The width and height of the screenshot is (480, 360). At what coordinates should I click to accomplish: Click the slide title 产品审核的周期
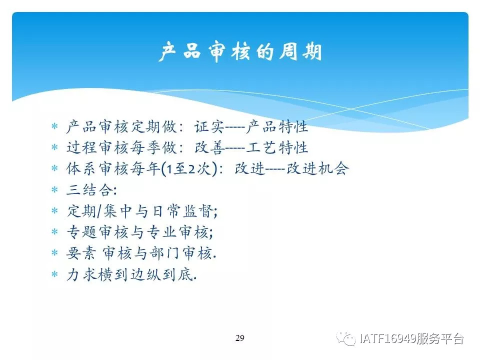[x=240, y=51]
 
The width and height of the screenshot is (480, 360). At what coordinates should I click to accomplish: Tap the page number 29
[x=240, y=338]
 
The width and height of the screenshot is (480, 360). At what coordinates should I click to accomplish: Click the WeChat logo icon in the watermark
[x=346, y=338]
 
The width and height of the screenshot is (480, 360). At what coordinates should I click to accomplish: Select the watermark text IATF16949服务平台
[x=411, y=338]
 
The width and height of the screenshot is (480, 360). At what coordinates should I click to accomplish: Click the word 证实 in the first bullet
[x=209, y=127]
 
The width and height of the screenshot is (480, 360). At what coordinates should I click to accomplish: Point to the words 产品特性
[x=276, y=127]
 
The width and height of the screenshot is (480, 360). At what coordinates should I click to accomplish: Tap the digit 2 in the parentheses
[x=192, y=169]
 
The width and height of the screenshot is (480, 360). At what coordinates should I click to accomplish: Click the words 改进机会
[x=317, y=168]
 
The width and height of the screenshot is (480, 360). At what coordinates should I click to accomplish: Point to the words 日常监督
[x=183, y=211]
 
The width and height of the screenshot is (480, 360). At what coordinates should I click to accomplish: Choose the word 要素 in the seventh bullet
[x=81, y=253]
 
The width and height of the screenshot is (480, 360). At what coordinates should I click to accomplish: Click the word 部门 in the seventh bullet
[x=164, y=253]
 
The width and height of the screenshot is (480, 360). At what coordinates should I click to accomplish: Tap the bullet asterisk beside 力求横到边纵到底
[x=55, y=274]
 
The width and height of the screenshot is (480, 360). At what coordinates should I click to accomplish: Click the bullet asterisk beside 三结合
[x=55, y=190]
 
